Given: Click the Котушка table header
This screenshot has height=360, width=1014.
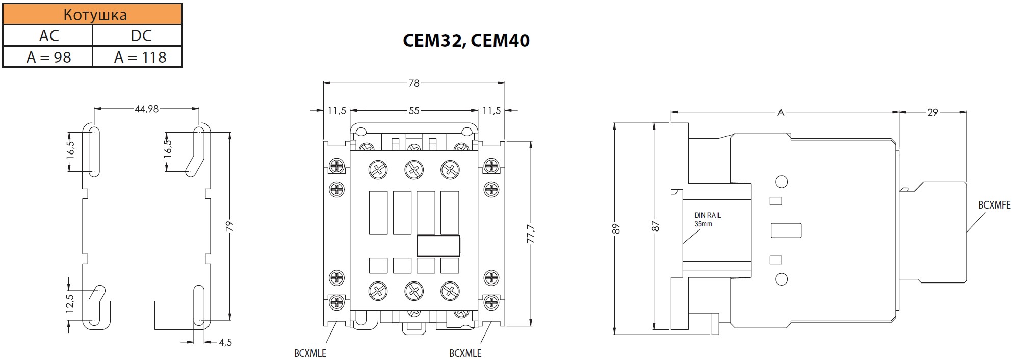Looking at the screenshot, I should point(95,14).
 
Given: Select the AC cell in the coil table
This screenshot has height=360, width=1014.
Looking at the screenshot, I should point(49,36).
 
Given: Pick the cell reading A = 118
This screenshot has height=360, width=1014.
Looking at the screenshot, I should point(140,57).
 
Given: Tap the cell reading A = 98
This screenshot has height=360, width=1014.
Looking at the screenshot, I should point(49,57).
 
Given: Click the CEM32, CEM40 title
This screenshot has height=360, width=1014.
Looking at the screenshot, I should point(466,41).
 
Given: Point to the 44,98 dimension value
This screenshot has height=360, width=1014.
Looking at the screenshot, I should point(147,109).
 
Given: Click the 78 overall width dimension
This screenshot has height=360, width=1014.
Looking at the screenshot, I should point(413,83).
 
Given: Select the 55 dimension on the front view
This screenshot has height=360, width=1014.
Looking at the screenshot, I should point(413,110).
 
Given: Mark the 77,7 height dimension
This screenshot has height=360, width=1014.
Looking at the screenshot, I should point(531,234).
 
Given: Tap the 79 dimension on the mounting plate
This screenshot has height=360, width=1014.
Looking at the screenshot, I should point(229,226).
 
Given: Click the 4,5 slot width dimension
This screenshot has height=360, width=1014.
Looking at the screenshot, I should point(225,343).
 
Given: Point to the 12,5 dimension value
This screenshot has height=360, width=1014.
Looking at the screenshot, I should point(70,304).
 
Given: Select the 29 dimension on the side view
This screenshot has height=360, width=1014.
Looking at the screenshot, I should point(932,112).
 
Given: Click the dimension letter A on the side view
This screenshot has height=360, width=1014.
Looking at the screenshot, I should point(780,112).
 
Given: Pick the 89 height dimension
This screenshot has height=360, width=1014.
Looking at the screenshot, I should point(616,228).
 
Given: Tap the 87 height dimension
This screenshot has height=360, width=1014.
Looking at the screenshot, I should point(656,226).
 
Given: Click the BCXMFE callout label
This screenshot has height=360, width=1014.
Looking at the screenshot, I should point(994,205).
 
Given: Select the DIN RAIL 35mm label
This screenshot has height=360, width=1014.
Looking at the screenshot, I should point(708,220).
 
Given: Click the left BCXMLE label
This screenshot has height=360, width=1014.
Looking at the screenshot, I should point(310,353).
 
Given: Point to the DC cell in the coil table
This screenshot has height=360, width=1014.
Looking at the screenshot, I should point(140,36).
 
